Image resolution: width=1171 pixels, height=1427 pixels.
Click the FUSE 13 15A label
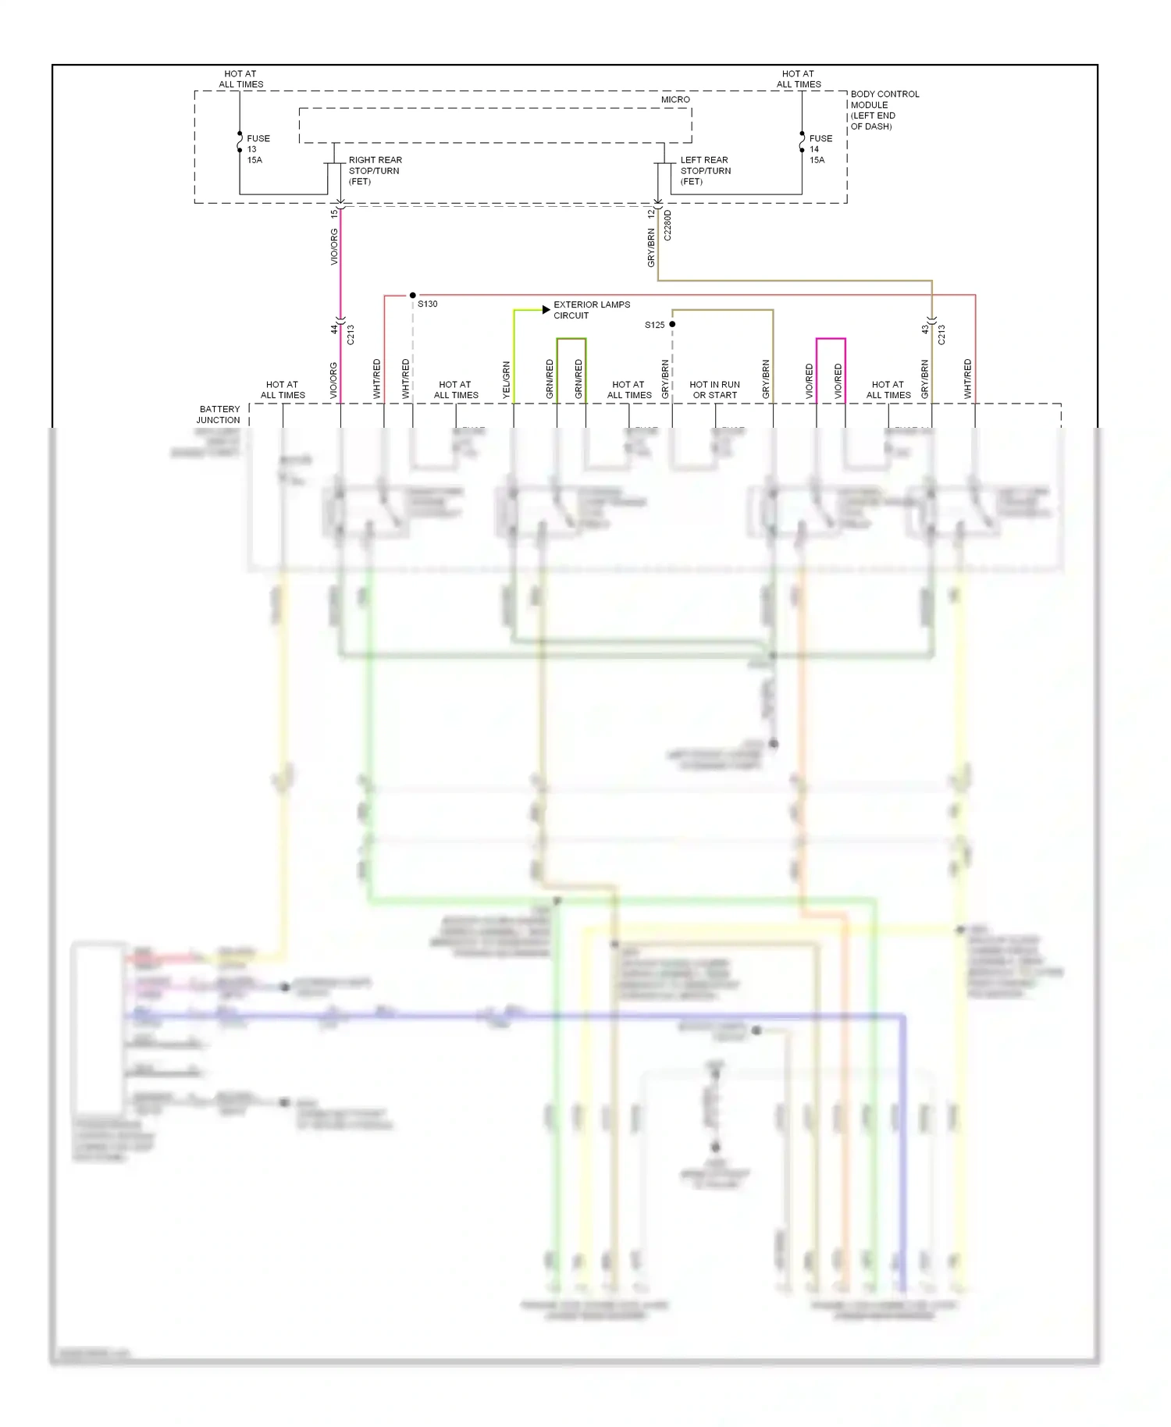click(x=258, y=149)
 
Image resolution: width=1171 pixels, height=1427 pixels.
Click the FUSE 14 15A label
click(x=820, y=149)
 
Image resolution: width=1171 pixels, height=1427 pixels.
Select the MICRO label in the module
click(x=675, y=100)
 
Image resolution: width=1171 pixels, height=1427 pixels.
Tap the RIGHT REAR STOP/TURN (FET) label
click(x=375, y=170)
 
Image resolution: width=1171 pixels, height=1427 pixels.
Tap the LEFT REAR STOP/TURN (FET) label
click(x=705, y=170)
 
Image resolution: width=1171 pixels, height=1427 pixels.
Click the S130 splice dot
click(x=413, y=295)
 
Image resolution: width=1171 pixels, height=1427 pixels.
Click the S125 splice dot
click(x=672, y=324)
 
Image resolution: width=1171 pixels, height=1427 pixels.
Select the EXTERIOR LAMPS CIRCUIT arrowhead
click(x=546, y=310)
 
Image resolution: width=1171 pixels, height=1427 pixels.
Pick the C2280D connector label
click(x=667, y=226)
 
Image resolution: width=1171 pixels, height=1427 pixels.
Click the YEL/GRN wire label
click(x=506, y=380)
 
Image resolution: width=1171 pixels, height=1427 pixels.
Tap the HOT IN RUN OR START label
click(x=714, y=390)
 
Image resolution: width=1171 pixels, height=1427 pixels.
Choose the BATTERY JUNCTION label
click(x=219, y=415)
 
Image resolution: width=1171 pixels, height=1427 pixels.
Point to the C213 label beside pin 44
click(x=351, y=335)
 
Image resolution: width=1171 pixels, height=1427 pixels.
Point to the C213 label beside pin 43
click(x=941, y=335)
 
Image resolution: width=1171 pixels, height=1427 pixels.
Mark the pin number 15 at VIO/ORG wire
click(x=334, y=213)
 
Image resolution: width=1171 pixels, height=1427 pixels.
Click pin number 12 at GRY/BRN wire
click(x=650, y=213)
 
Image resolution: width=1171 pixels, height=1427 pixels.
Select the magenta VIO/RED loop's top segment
click(x=831, y=339)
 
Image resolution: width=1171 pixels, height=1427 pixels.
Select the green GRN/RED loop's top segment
click(x=571, y=339)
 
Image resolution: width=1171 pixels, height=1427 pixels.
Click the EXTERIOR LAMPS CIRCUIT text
click(x=591, y=310)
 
